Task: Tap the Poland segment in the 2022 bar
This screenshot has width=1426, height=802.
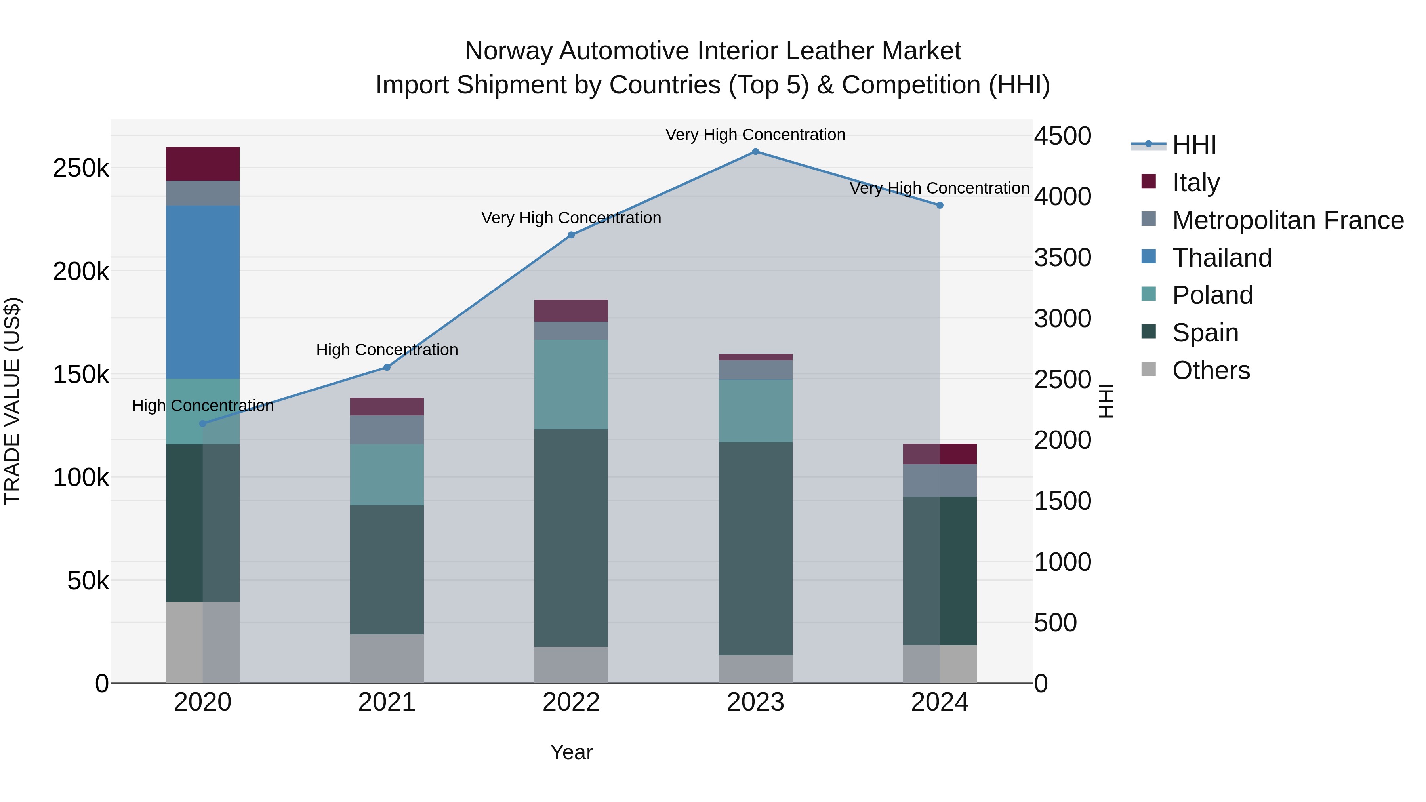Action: [571, 384]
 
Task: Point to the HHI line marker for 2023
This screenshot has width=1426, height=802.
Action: [755, 152]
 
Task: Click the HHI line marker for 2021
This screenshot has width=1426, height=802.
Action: [387, 368]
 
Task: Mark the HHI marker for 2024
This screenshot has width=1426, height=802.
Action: [940, 205]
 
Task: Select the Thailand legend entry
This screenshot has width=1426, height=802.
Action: [1222, 258]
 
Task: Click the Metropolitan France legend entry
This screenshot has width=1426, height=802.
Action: [1288, 220]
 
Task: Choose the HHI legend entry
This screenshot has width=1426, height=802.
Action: [1193, 145]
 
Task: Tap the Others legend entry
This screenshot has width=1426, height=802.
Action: [1211, 370]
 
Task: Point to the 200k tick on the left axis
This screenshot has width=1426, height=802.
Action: [81, 272]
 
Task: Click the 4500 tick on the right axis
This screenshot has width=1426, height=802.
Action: [1062, 136]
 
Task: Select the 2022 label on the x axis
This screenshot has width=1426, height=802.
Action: [571, 702]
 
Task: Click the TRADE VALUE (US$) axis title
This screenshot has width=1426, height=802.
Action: [12, 401]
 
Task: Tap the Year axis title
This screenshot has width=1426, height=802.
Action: [571, 752]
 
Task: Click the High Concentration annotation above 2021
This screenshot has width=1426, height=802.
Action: [387, 350]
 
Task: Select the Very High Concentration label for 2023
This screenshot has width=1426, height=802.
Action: [755, 135]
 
